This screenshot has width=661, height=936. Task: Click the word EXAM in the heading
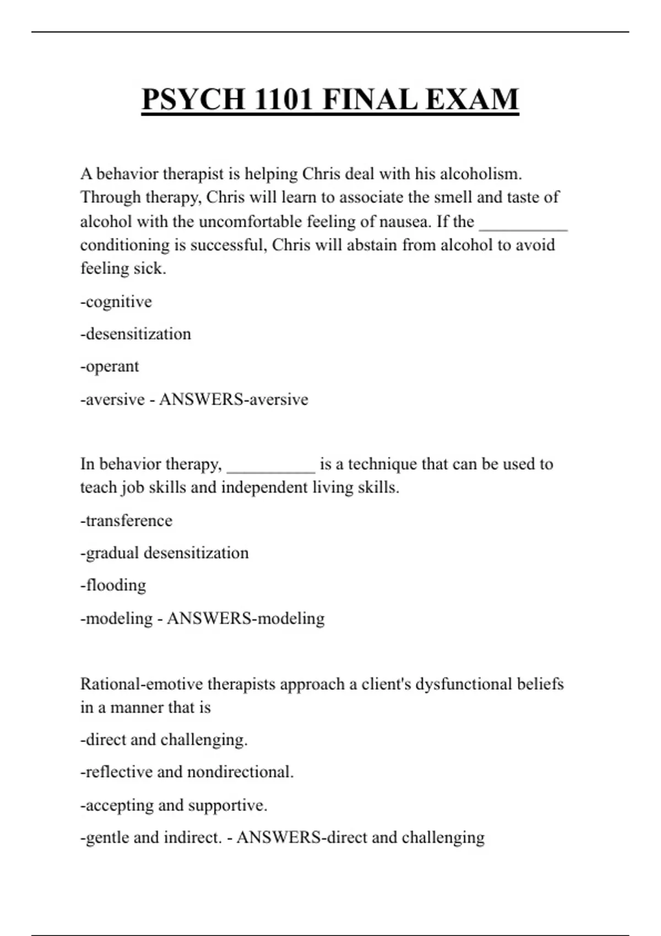[472, 100]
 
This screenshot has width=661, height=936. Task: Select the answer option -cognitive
[116, 302]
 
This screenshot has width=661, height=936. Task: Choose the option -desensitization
[136, 334]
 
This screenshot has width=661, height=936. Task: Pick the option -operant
[110, 367]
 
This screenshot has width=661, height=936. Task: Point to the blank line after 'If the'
[523, 226]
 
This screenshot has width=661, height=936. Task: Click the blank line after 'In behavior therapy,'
[271, 468]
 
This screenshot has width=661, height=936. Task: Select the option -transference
[126, 521]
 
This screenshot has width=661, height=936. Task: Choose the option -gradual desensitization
[164, 553]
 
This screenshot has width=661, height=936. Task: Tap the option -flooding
[113, 585]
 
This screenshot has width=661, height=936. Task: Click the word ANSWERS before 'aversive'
[202, 399]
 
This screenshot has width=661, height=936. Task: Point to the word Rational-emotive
[142, 684]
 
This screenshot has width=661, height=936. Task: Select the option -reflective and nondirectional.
[187, 772]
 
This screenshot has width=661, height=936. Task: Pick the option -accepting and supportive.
[174, 805]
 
